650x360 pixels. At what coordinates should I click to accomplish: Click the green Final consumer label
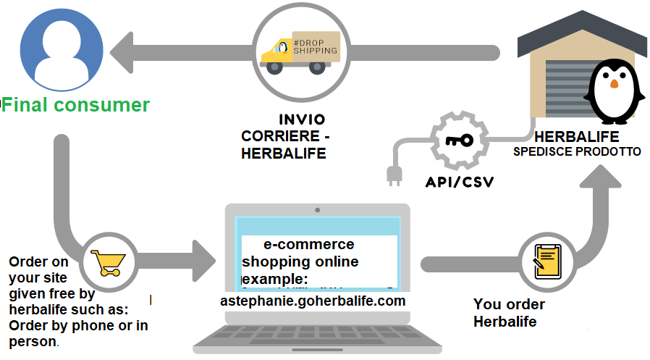point(75,104)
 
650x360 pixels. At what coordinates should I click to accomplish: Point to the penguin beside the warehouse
point(614,90)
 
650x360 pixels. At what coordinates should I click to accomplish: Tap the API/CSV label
point(459,181)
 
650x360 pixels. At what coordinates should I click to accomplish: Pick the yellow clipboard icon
point(547,259)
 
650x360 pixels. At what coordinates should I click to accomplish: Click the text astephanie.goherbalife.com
point(313,300)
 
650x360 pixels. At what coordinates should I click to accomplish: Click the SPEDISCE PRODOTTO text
point(577,152)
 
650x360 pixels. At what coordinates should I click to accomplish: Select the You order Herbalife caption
point(509,313)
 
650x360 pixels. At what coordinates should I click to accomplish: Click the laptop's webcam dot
point(317,209)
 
